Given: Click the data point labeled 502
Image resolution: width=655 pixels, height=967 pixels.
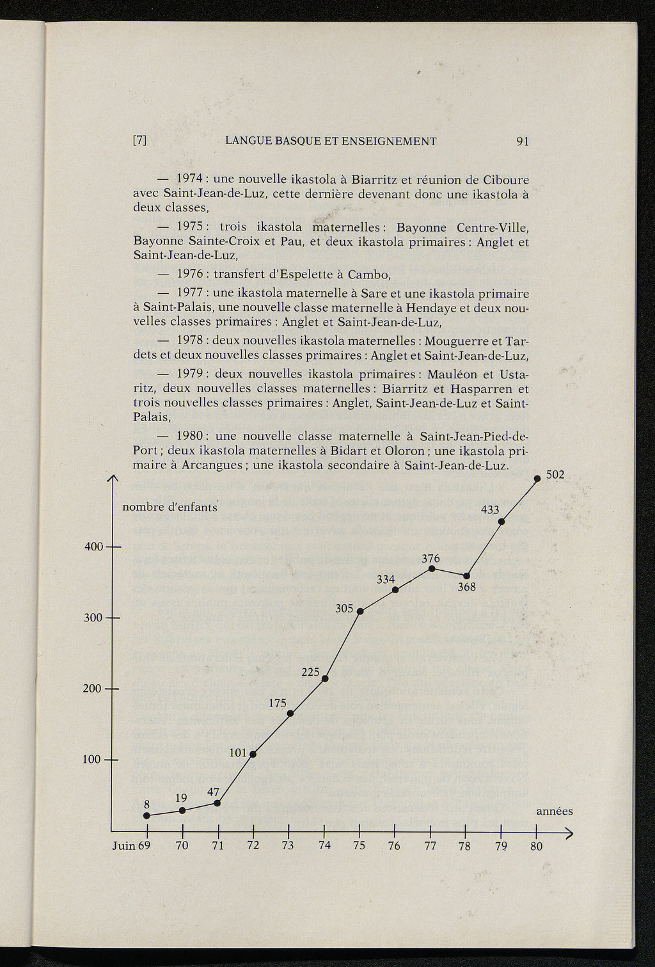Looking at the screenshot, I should pyautogui.click(x=537, y=478).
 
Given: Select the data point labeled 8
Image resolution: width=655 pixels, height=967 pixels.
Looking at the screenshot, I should pyautogui.click(x=146, y=815).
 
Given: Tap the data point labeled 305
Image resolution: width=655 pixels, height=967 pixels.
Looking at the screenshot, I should pyautogui.click(x=360, y=611).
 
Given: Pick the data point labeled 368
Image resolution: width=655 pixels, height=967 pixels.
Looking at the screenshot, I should pyautogui.click(x=466, y=575).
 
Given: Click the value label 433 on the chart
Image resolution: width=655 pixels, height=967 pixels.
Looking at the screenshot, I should pyautogui.click(x=490, y=510).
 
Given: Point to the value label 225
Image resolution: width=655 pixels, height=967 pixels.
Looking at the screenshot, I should pyautogui.click(x=310, y=671).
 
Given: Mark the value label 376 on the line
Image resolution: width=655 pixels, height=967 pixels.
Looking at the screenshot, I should pyautogui.click(x=430, y=558).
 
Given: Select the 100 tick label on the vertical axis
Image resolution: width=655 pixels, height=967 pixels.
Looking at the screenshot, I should pyautogui.click(x=93, y=760).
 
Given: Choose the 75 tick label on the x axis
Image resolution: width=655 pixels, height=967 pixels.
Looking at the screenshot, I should pyautogui.click(x=359, y=846).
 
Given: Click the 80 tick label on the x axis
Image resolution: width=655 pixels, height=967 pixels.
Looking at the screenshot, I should pyautogui.click(x=536, y=846).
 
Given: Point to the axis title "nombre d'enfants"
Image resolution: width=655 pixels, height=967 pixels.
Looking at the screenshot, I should pyautogui.click(x=170, y=508).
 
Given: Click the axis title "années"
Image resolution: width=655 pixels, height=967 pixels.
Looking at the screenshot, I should pyautogui.click(x=554, y=811).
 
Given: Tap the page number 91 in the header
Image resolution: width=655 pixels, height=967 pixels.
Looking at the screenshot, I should pyautogui.click(x=522, y=141).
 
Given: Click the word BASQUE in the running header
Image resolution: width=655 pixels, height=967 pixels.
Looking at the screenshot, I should pyautogui.click(x=302, y=141).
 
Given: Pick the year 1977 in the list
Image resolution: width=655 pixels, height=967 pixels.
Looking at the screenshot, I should pyautogui.click(x=190, y=294).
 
